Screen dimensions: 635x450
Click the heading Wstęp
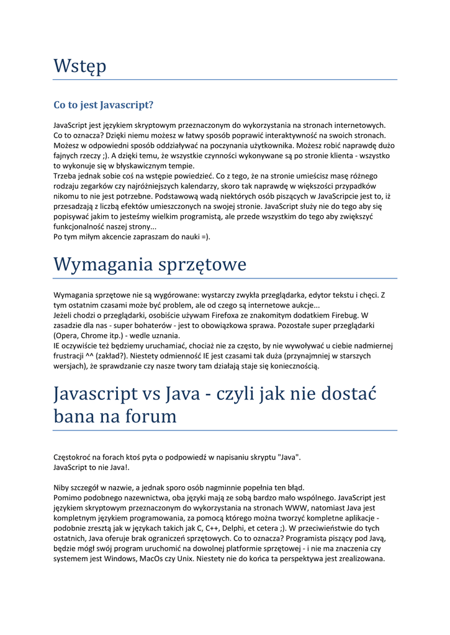click(x=79, y=66)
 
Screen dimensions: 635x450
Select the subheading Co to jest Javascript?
click(x=104, y=105)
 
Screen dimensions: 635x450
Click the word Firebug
click(x=343, y=315)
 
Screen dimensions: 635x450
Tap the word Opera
click(x=68, y=335)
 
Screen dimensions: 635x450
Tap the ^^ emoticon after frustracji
click(x=90, y=356)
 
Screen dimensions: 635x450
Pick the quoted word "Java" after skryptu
click(x=288, y=457)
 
